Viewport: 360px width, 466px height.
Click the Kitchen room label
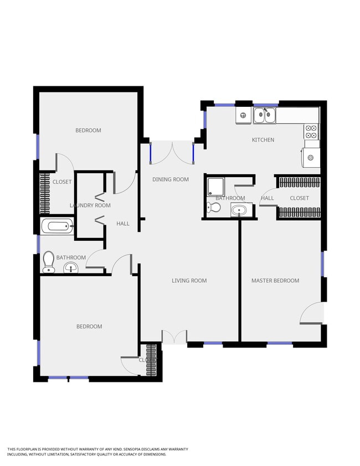263,140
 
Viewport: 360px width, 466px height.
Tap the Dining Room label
171,179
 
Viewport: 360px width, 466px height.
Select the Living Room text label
189,281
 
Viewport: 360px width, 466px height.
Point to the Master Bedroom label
275,281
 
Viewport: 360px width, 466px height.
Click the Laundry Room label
90,205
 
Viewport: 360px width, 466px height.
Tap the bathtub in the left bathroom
58,226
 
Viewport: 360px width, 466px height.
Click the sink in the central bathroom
239,210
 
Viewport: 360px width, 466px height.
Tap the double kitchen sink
265,116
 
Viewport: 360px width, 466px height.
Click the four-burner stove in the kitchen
311,132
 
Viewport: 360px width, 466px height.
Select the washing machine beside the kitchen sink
243,115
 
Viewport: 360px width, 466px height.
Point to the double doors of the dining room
172,153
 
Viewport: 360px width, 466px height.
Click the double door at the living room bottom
174,336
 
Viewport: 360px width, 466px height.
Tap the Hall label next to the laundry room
123,224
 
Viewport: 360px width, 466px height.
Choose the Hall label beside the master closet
268,198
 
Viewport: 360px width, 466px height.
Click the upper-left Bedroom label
89,131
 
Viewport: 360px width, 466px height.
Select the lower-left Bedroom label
89,327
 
